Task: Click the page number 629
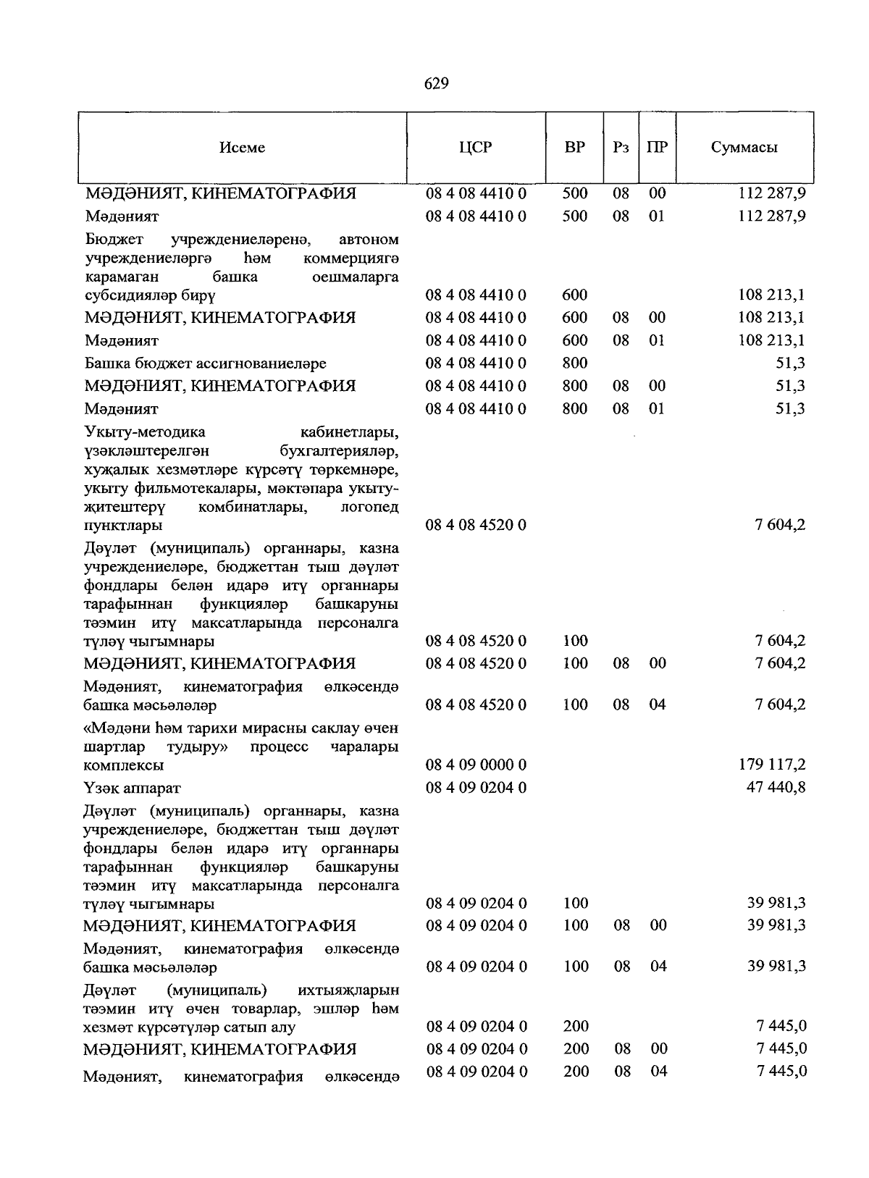tap(437, 84)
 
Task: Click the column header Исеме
tap(242, 148)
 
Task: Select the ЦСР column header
tap(475, 147)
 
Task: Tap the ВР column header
tap(575, 147)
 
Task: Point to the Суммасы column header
tap(744, 147)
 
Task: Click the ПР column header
tap(657, 147)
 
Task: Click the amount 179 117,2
tap(776, 765)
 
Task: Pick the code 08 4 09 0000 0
tap(476, 765)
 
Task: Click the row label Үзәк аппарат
tap(132, 788)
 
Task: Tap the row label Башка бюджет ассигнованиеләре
tap(205, 363)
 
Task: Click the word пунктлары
tap(123, 526)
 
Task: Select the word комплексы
tap(123, 765)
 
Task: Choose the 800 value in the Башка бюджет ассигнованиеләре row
tap(574, 363)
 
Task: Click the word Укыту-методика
tap(145, 432)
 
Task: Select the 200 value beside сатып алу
tap(576, 1026)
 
